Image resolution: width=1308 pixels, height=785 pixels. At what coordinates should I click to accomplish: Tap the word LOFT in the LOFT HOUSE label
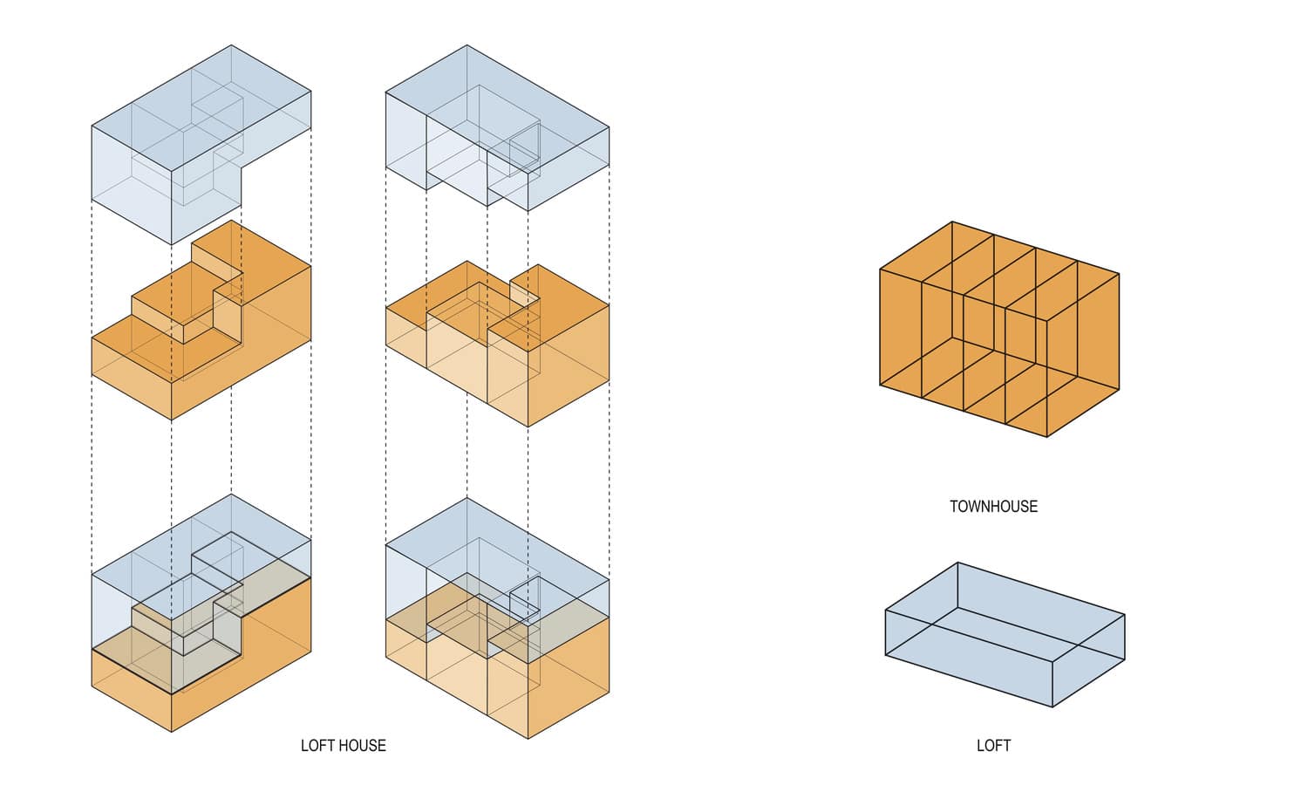pos(317,746)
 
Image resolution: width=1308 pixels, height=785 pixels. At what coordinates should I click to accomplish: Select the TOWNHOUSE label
pos(993,506)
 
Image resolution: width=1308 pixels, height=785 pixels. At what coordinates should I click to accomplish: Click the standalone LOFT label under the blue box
pos(993,746)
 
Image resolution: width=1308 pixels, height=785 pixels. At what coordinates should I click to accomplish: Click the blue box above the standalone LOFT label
pos(1005,634)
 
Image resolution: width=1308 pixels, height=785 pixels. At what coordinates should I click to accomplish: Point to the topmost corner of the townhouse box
pos(952,222)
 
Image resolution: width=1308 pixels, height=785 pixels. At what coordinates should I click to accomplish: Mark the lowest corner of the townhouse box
pos(1046,437)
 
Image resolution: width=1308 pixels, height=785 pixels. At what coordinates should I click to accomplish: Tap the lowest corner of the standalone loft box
pos(1053,706)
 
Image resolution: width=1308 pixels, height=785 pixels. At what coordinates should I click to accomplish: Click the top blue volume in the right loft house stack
pos(497,131)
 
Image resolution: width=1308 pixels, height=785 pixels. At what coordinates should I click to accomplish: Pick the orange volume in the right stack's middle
pos(497,349)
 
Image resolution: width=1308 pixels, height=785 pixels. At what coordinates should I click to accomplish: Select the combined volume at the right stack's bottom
pos(497,628)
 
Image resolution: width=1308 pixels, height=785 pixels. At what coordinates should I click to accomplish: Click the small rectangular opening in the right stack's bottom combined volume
pos(524,598)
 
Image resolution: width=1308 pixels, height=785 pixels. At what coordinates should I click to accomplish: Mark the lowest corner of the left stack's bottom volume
pos(172,732)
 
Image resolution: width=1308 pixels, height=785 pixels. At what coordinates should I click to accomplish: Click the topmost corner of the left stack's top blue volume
pos(232,45)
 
